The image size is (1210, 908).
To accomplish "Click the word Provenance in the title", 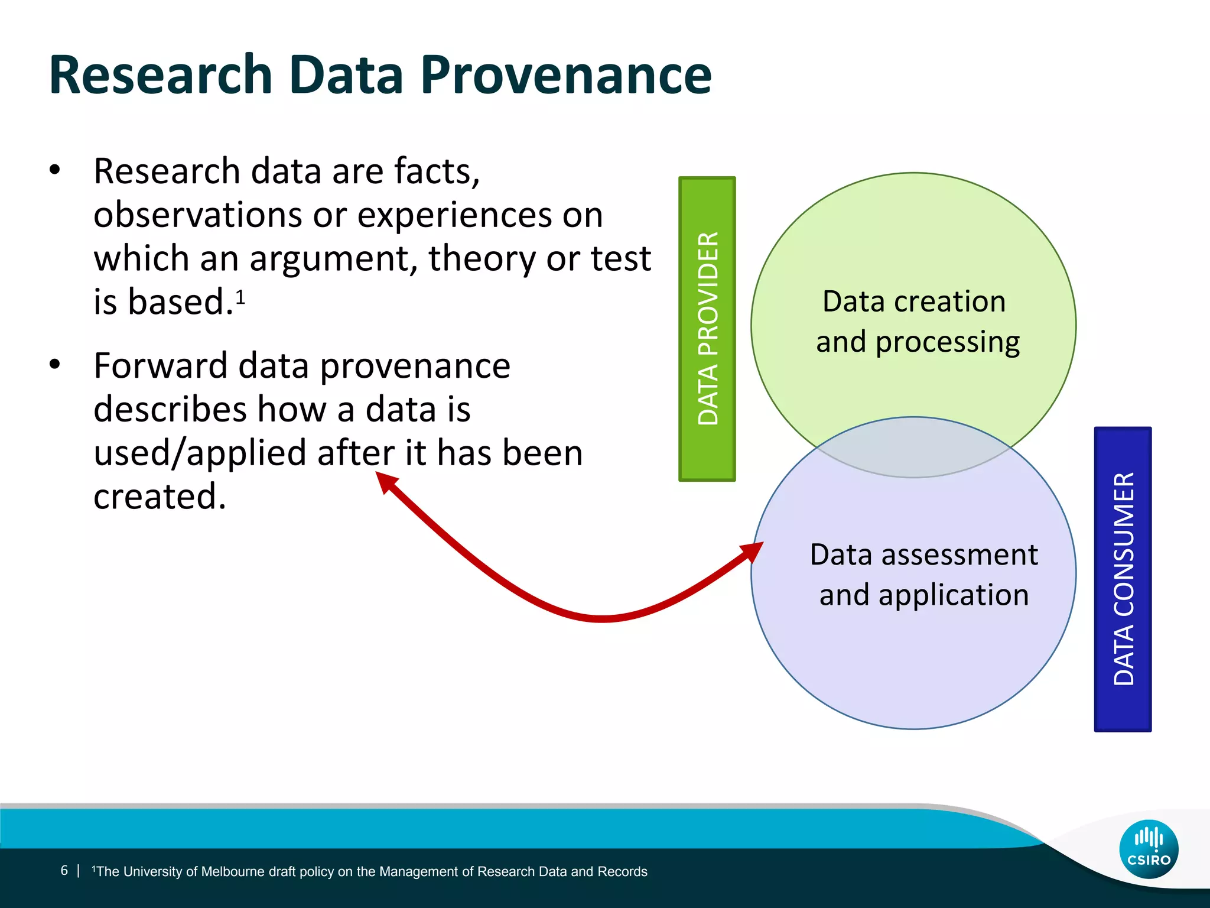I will tap(565, 76).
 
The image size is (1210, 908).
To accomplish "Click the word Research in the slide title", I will tap(161, 76).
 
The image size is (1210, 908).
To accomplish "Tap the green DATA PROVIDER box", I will tap(707, 329).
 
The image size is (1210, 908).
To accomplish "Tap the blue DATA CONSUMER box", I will tap(1123, 579).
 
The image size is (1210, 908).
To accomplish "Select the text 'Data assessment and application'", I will tap(923, 575).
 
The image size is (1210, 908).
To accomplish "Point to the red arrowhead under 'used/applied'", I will tap(386, 482).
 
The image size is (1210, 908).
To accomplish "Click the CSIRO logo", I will tap(1149, 849).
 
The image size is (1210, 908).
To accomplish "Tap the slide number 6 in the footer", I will tap(64, 870).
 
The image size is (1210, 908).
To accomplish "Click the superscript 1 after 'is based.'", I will tap(240, 296).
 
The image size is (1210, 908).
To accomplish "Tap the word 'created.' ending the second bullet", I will tap(160, 497).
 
